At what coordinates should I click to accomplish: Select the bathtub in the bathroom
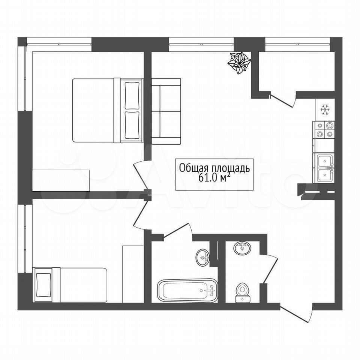187,290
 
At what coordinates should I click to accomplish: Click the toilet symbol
241,292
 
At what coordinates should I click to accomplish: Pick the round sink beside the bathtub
203,258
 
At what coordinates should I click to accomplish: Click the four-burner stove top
324,130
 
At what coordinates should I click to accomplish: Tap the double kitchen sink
324,168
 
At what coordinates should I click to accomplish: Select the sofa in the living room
166,111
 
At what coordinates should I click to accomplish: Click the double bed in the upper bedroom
108,110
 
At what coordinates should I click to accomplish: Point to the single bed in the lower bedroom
70,285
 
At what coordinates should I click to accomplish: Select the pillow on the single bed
43,285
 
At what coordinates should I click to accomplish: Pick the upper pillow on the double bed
132,96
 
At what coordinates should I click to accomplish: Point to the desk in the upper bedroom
61,180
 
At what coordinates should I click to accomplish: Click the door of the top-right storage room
283,100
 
